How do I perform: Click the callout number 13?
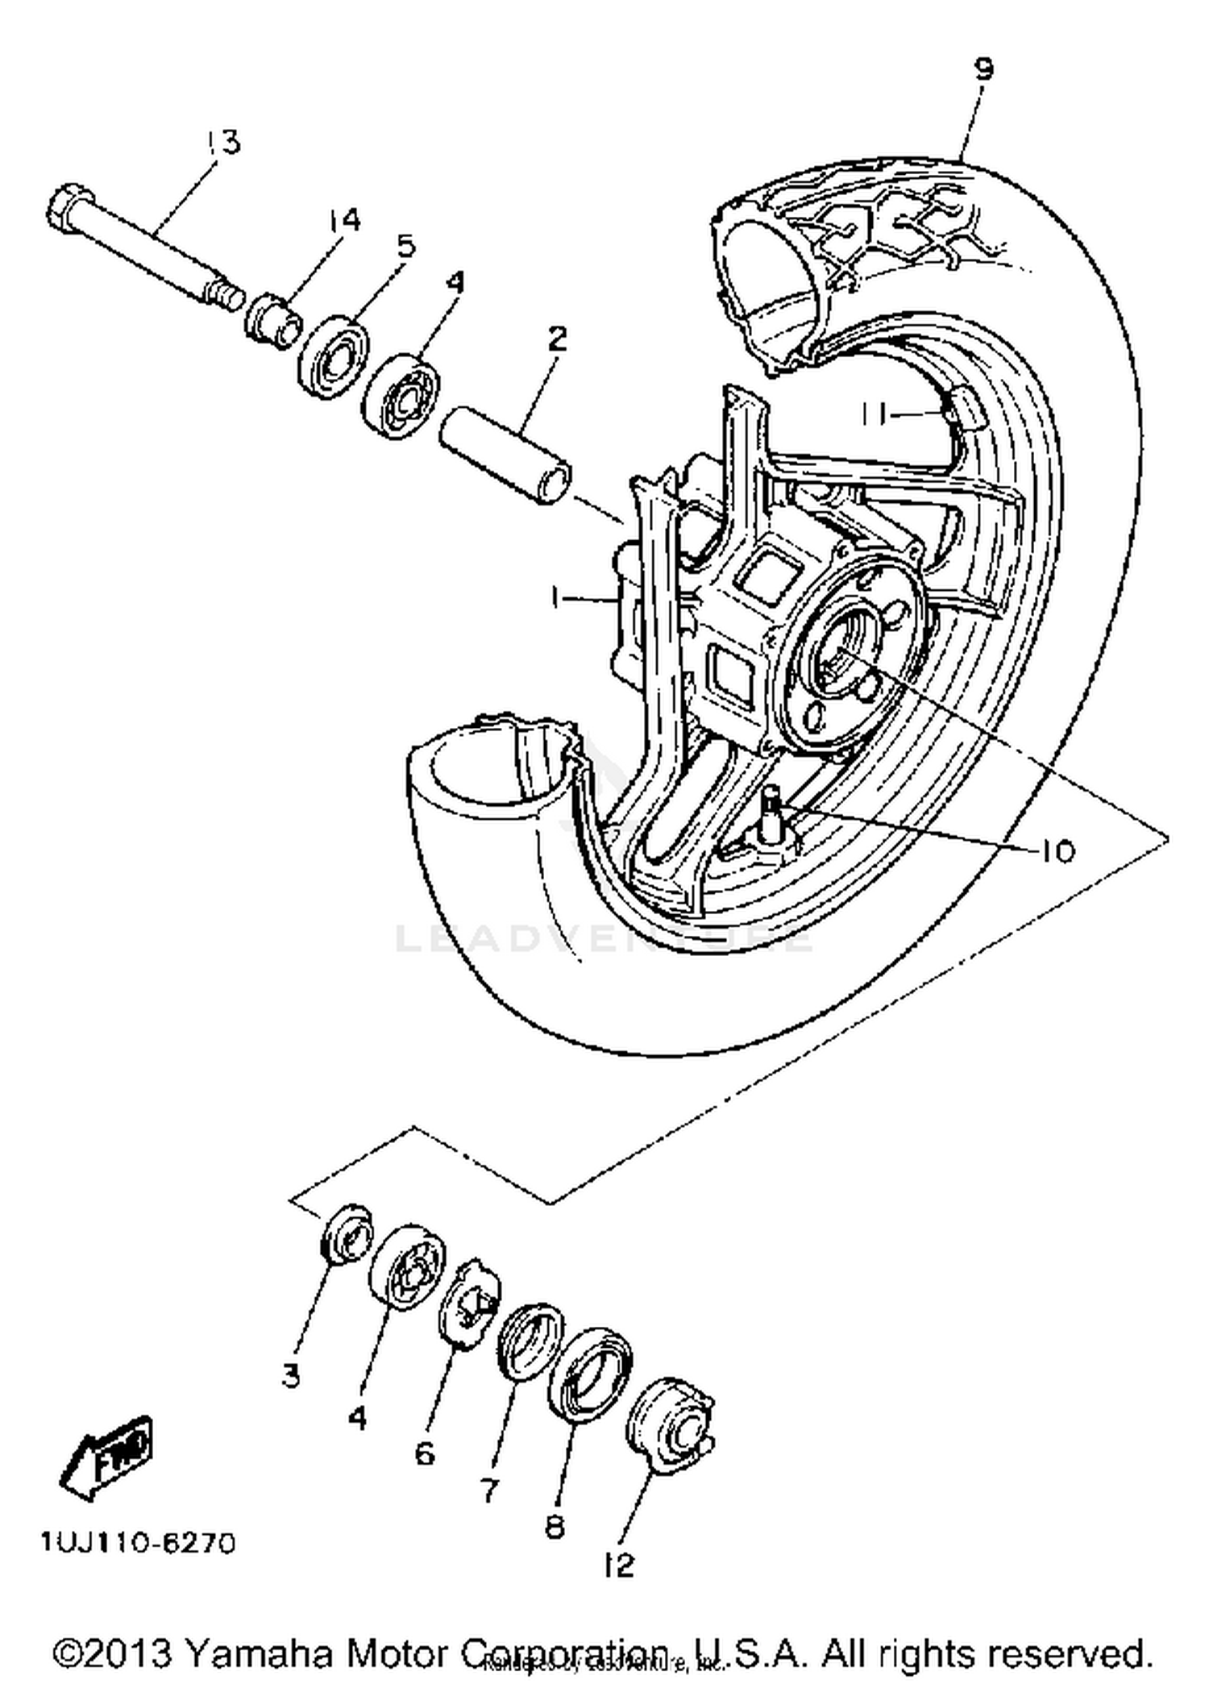click(222, 142)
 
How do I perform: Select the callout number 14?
click(344, 219)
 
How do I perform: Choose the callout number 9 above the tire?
click(983, 69)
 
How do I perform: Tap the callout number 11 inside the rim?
click(873, 415)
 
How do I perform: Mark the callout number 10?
click(1057, 851)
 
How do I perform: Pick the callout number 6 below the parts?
click(424, 1453)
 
